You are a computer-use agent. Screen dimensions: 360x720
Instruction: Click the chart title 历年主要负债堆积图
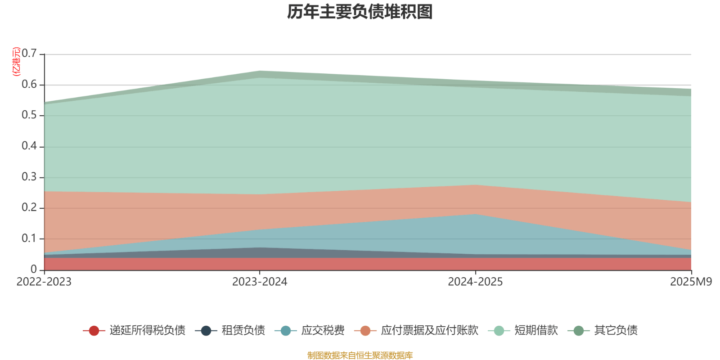point(360,12)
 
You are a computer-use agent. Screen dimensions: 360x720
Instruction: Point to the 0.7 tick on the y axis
point(30,54)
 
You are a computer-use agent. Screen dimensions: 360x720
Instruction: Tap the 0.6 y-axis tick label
point(30,85)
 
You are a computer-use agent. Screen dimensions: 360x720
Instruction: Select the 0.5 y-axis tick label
point(30,115)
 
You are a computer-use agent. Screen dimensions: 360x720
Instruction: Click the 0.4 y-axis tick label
point(30,146)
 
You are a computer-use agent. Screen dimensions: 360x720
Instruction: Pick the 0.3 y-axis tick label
point(30,177)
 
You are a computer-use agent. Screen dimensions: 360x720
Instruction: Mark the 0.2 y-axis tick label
point(30,207)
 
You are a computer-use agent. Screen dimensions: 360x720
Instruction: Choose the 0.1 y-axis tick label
point(30,238)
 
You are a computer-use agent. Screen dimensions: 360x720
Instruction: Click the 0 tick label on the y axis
point(34,269)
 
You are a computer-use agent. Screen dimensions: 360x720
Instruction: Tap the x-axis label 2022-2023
point(44,282)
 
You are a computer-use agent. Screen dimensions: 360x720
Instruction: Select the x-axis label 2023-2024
point(260,282)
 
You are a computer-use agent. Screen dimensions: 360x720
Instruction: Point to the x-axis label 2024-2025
point(475,282)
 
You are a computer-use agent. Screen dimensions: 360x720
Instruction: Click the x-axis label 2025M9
point(691,282)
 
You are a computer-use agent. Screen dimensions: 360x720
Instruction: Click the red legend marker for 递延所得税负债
point(94,331)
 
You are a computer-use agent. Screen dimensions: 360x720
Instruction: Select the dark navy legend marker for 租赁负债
point(206,331)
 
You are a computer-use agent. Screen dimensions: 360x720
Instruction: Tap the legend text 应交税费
point(323,331)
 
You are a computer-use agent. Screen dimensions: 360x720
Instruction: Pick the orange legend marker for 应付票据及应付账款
point(365,331)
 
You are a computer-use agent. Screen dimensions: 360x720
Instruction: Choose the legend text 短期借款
point(536,331)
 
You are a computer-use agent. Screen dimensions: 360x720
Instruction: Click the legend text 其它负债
point(616,331)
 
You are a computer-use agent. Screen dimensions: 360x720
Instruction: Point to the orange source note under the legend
point(360,355)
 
